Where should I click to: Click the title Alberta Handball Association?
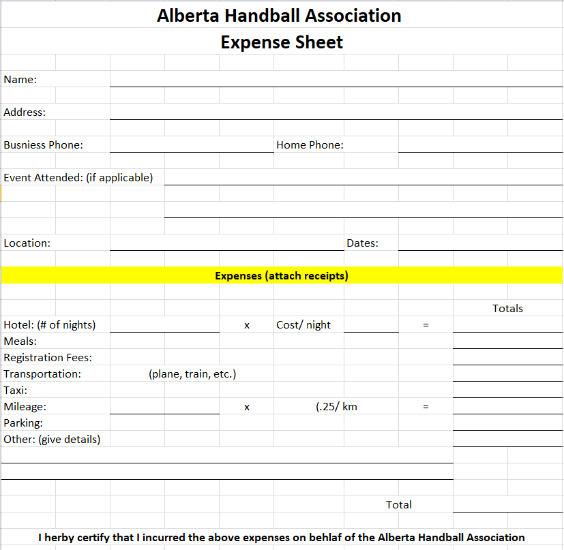pyautogui.click(x=279, y=15)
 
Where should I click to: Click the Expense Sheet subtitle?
pyautogui.click(x=282, y=42)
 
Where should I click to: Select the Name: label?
pyautogui.click(x=20, y=80)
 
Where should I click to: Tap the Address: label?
pyautogui.click(x=25, y=112)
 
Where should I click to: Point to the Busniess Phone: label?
pyautogui.click(x=44, y=145)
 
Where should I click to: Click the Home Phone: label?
pyautogui.click(x=310, y=145)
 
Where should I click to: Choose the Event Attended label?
pyautogui.click(x=78, y=178)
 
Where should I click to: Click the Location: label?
pyautogui.click(x=27, y=243)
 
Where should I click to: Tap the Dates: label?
pyautogui.click(x=362, y=243)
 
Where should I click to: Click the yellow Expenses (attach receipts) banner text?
pyautogui.click(x=282, y=276)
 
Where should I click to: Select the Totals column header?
pyautogui.click(x=507, y=309)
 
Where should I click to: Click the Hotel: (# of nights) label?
pyautogui.click(x=50, y=325)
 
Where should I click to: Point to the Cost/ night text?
pyautogui.click(x=303, y=325)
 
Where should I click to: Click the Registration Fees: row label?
pyautogui.click(x=48, y=358)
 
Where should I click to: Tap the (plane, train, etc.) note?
pyautogui.click(x=192, y=374)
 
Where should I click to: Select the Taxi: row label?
pyautogui.click(x=16, y=391)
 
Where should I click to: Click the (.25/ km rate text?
pyautogui.click(x=336, y=407)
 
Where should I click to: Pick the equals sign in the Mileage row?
pyautogui.click(x=426, y=407)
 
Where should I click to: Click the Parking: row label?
pyautogui.click(x=23, y=423)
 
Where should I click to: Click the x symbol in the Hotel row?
pyautogui.click(x=247, y=326)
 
